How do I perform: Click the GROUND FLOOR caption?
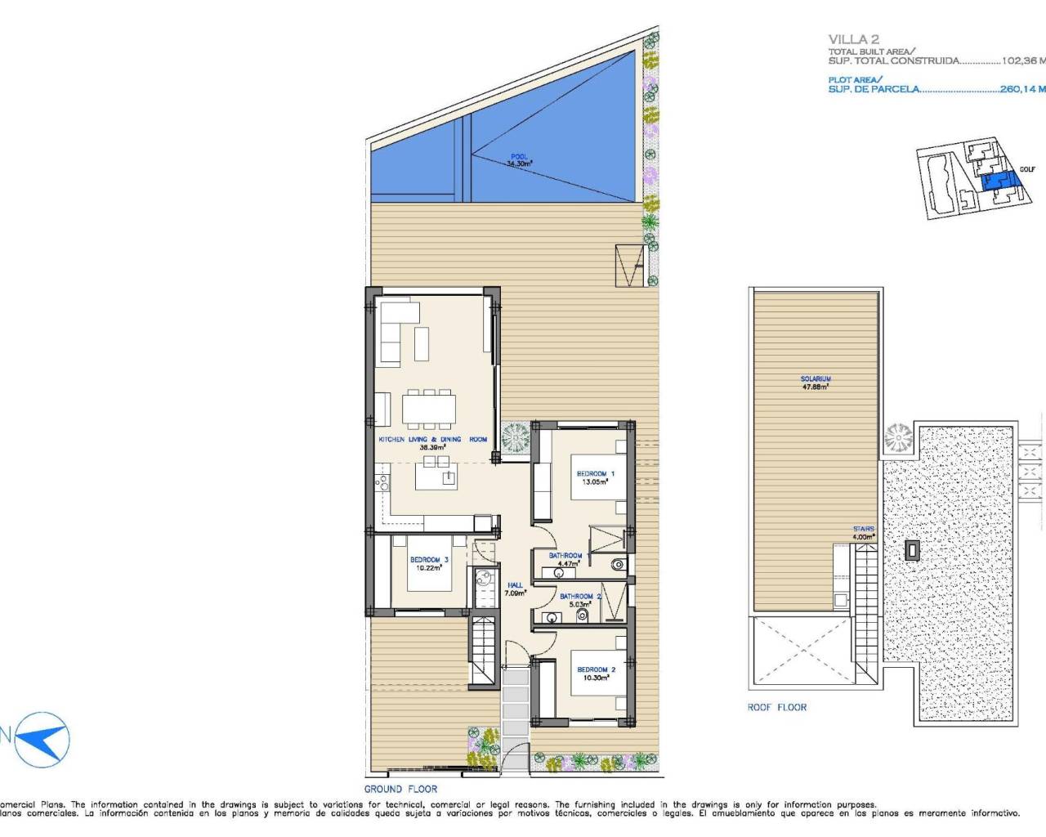tap(400, 789)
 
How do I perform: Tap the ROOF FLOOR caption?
tap(776, 707)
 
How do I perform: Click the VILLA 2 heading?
tap(847, 39)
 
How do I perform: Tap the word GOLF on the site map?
tap(1027, 170)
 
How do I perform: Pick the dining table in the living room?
tap(429, 408)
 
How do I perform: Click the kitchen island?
tap(436, 475)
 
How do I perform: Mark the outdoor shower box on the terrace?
tap(629, 265)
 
